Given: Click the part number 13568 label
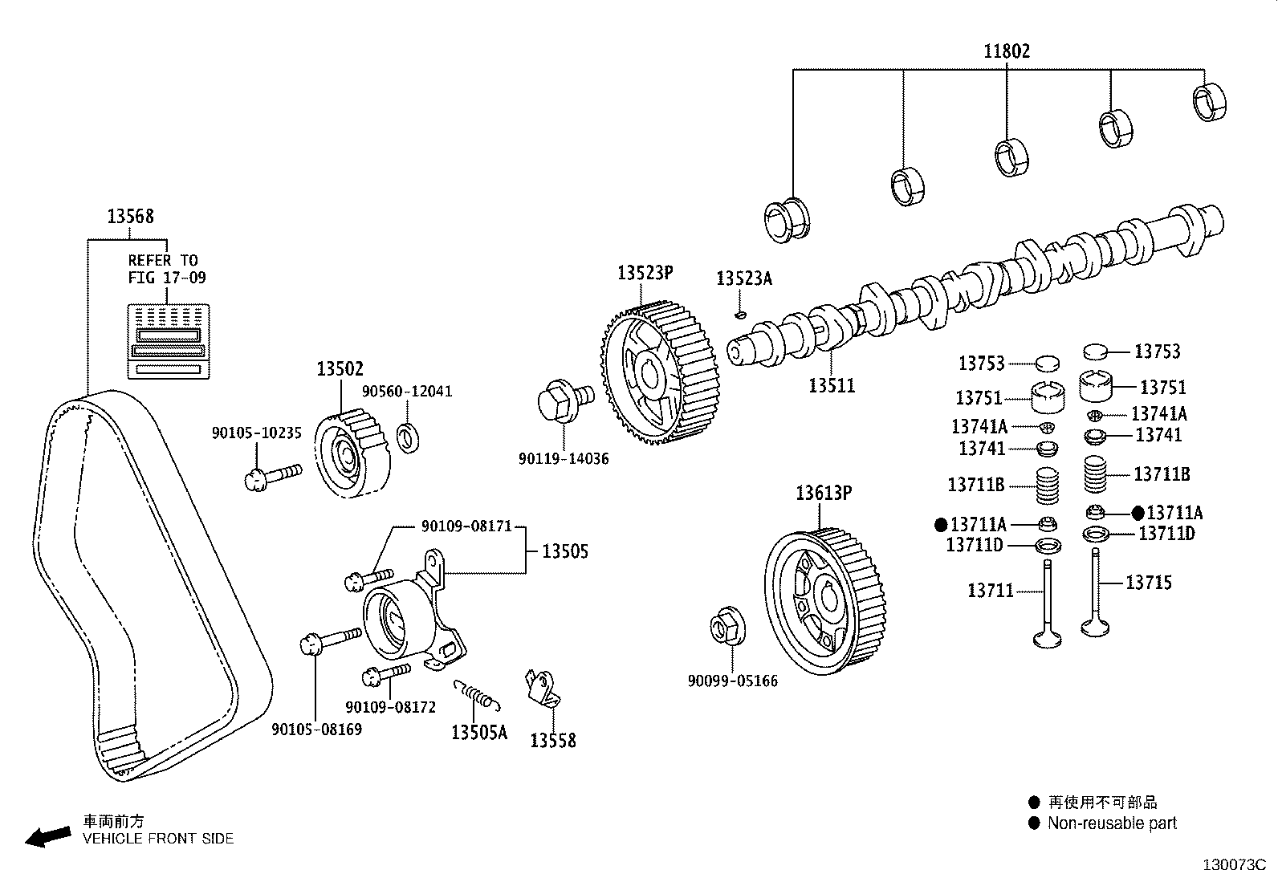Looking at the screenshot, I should [x=130, y=216].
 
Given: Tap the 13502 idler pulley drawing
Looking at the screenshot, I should [x=352, y=455].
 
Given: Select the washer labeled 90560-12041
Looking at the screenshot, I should [x=409, y=438].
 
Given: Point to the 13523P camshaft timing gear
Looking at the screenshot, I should [x=660, y=373].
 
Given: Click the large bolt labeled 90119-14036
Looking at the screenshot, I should [x=562, y=399].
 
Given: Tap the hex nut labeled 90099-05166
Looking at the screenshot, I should [x=727, y=627].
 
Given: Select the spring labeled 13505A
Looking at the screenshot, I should [x=478, y=694].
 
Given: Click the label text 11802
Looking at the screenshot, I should [x=1007, y=51].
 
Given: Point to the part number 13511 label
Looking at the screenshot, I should [x=831, y=385].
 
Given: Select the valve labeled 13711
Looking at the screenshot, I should [x=1047, y=606].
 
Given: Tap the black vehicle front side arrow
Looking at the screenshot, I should [x=47, y=837].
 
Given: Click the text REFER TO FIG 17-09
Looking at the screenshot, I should [x=166, y=269].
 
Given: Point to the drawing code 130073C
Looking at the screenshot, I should [x=1233, y=865].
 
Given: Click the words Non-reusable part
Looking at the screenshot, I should [x=1111, y=823].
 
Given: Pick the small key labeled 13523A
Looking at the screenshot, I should [x=742, y=314].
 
